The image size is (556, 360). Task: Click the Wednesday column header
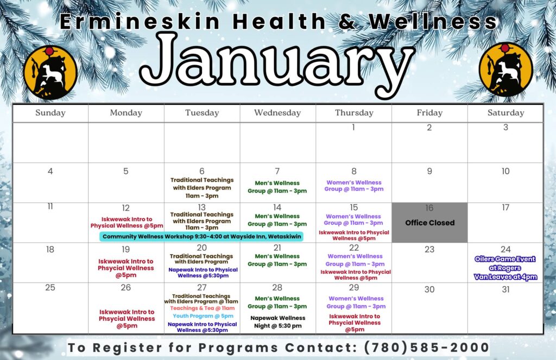pos(277,113)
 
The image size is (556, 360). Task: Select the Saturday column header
pos(506,113)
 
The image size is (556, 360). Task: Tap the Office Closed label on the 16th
pos(430,223)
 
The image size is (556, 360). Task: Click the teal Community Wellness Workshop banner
pos(201,237)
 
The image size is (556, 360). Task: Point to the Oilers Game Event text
pos(506,259)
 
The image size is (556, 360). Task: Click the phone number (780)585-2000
pos(427,347)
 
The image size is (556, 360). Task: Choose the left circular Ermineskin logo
pos(50,72)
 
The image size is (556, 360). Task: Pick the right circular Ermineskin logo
pos(506,70)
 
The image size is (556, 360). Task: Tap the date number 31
pos(506,289)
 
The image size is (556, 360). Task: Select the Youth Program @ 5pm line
pos(203,316)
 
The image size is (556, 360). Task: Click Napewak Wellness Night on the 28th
pos(277,321)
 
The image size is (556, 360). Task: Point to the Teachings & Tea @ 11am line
pos(203,308)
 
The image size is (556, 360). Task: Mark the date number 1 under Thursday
pos(353,127)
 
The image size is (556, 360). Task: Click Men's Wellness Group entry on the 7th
pos(277,187)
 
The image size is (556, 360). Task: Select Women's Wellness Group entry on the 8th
pos(354,186)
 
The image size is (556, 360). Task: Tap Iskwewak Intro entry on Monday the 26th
pos(127,319)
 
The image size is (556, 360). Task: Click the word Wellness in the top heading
pos(433,21)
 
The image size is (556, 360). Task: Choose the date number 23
pos(429,249)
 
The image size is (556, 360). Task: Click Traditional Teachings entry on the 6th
pos(202,188)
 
